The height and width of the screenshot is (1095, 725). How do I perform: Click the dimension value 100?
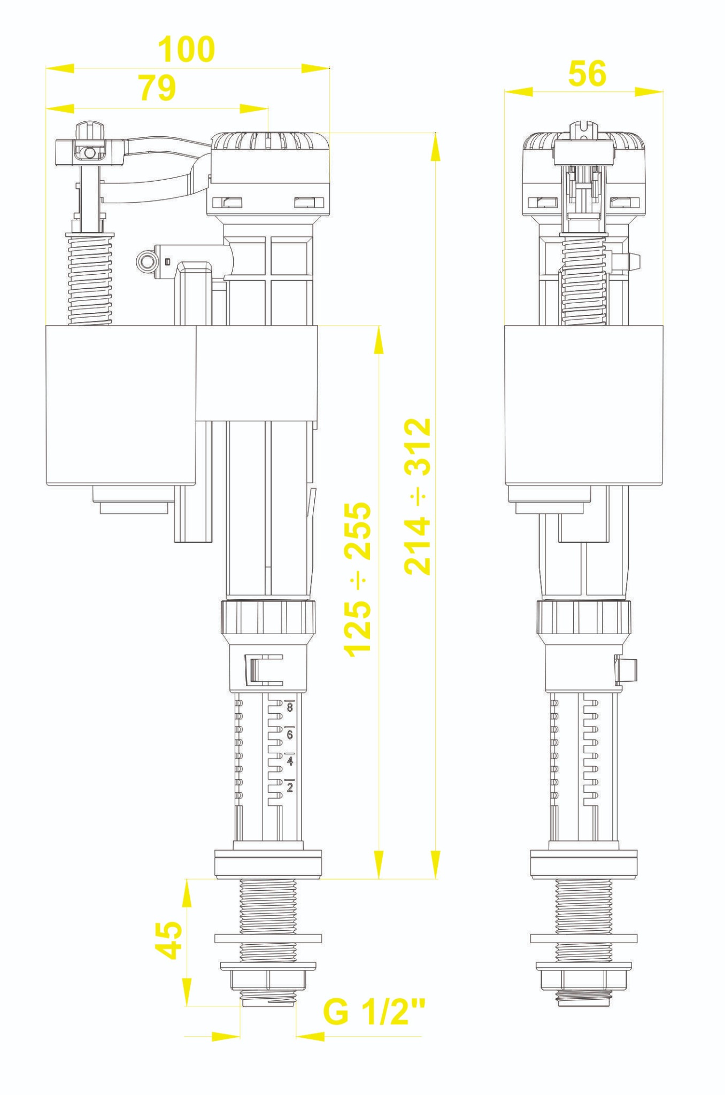(186, 49)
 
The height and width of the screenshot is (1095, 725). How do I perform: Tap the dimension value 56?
(587, 73)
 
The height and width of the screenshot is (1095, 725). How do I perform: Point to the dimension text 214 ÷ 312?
(418, 496)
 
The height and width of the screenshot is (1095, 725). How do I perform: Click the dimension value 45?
(168, 940)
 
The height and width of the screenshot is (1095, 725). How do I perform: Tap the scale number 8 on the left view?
(290, 707)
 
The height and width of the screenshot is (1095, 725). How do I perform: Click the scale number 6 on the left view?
(290, 735)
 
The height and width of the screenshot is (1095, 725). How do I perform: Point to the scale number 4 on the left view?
(290, 761)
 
